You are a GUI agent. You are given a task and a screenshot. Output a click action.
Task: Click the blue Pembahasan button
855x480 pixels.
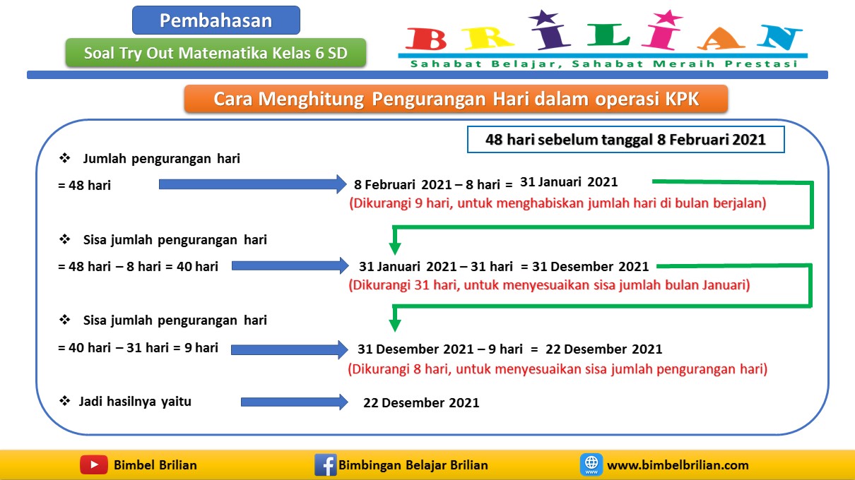[x=216, y=20]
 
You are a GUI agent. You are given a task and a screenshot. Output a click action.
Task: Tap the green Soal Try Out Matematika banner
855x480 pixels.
[x=216, y=53]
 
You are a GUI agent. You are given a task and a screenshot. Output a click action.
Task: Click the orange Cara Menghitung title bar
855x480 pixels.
[x=456, y=99]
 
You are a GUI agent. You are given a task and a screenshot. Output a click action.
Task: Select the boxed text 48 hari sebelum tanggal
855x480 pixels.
[x=625, y=140]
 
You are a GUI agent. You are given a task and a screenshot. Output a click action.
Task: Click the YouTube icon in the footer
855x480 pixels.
[x=93, y=465]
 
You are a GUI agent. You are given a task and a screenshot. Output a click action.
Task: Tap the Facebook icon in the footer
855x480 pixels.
[x=325, y=465]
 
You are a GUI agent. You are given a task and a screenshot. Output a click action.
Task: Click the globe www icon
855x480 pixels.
[x=591, y=465]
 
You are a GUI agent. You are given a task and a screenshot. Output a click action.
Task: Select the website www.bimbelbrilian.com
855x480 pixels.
[x=677, y=465]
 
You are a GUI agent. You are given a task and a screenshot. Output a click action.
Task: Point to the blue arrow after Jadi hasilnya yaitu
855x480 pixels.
[x=294, y=402]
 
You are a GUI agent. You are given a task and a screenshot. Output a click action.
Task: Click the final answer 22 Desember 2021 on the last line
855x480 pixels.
[x=421, y=403]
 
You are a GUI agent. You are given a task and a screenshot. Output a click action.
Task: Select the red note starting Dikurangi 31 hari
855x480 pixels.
[x=549, y=286]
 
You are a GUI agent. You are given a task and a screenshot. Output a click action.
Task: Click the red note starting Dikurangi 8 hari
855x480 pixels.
[x=558, y=368]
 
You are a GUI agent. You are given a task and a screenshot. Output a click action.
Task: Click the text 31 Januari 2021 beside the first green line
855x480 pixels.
[x=569, y=182]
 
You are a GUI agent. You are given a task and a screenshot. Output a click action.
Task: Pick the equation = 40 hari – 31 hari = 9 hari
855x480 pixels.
[x=138, y=347]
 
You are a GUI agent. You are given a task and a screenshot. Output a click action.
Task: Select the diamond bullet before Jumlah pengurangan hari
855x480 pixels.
[x=65, y=159]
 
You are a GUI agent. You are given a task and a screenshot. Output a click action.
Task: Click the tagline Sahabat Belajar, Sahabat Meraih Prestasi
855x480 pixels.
[x=603, y=64]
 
